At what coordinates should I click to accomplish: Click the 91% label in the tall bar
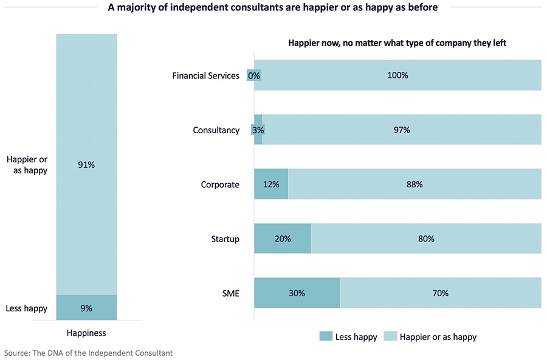(86, 165)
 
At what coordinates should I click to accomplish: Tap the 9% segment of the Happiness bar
(86, 308)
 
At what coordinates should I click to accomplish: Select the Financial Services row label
(206, 76)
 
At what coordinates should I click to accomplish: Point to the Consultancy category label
(216, 130)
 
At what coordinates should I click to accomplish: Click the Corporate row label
(220, 184)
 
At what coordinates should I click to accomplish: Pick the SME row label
(231, 293)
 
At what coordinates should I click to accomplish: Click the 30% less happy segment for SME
(297, 293)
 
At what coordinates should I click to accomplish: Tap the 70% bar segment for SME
(440, 293)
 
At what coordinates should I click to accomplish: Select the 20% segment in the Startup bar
(283, 239)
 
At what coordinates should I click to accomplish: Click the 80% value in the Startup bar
(426, 239)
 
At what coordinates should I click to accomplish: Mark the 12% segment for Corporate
(270, 184)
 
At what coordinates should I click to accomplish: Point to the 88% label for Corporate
(415, 184)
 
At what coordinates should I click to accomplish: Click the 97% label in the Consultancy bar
(402, 130)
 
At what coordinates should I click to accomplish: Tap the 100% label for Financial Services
(397, 76)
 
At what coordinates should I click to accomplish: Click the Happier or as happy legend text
(438, 336)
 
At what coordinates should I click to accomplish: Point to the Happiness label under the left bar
(86, 333)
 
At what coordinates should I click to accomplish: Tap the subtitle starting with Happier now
(397, 43)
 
